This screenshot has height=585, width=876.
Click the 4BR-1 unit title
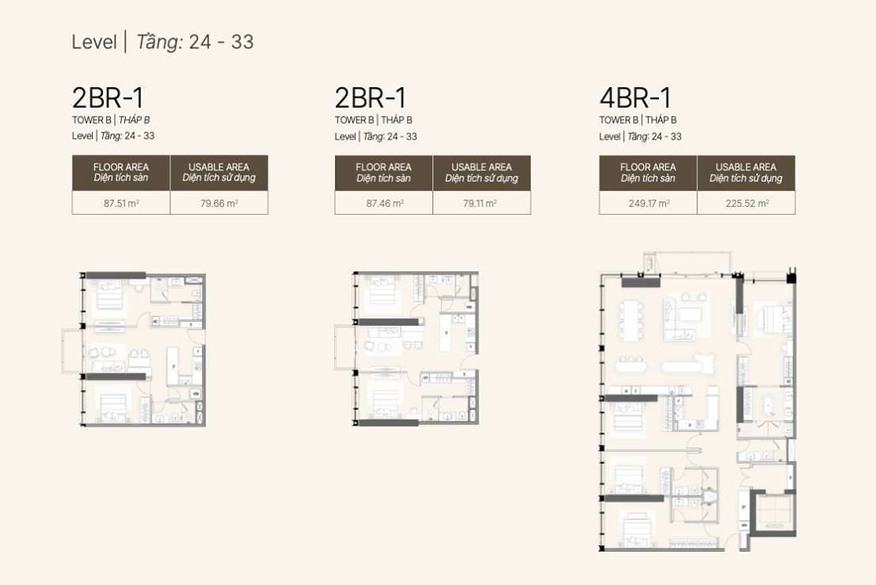[x=635, y=97]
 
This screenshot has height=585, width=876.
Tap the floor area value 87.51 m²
[x=121, y=204]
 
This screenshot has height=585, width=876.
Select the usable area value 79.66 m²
[x=219, y=204]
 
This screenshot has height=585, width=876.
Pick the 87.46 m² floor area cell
[x=385, y=204]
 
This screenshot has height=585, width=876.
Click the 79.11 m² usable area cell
[x=480, y=204]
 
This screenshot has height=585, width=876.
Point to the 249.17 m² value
[x=649, y=204]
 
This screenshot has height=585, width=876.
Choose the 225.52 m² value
[x=747, y=204]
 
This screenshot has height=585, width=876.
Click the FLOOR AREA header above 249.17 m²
[x=648, y=172]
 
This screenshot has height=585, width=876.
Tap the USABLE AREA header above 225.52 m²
[x=746, y=172]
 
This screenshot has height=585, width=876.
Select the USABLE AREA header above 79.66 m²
[x=219, y=172]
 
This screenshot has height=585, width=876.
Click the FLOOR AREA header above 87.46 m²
[x=384, y=172]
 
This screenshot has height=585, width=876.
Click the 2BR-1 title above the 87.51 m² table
[x=108, y=97]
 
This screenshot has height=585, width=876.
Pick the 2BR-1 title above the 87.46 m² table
[x=371, y=97]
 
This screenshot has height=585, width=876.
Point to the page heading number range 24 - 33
[x=221, y=42]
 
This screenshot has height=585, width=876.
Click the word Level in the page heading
[x=93, y=42]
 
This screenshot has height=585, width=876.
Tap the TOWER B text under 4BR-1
[x=619, y=120]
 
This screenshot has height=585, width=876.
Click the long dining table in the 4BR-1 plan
[x=631, y=320]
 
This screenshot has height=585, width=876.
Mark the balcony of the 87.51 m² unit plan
[x=72, y=350]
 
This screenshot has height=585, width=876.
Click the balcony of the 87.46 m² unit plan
[x=345, y=347]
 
